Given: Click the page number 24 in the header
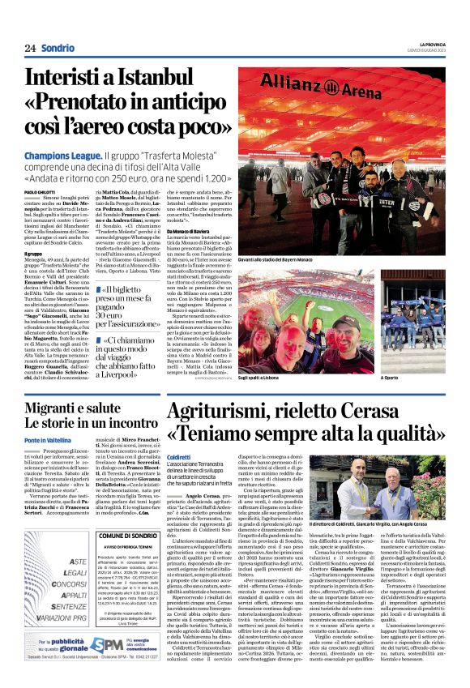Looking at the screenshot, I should [x=30, y=49].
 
